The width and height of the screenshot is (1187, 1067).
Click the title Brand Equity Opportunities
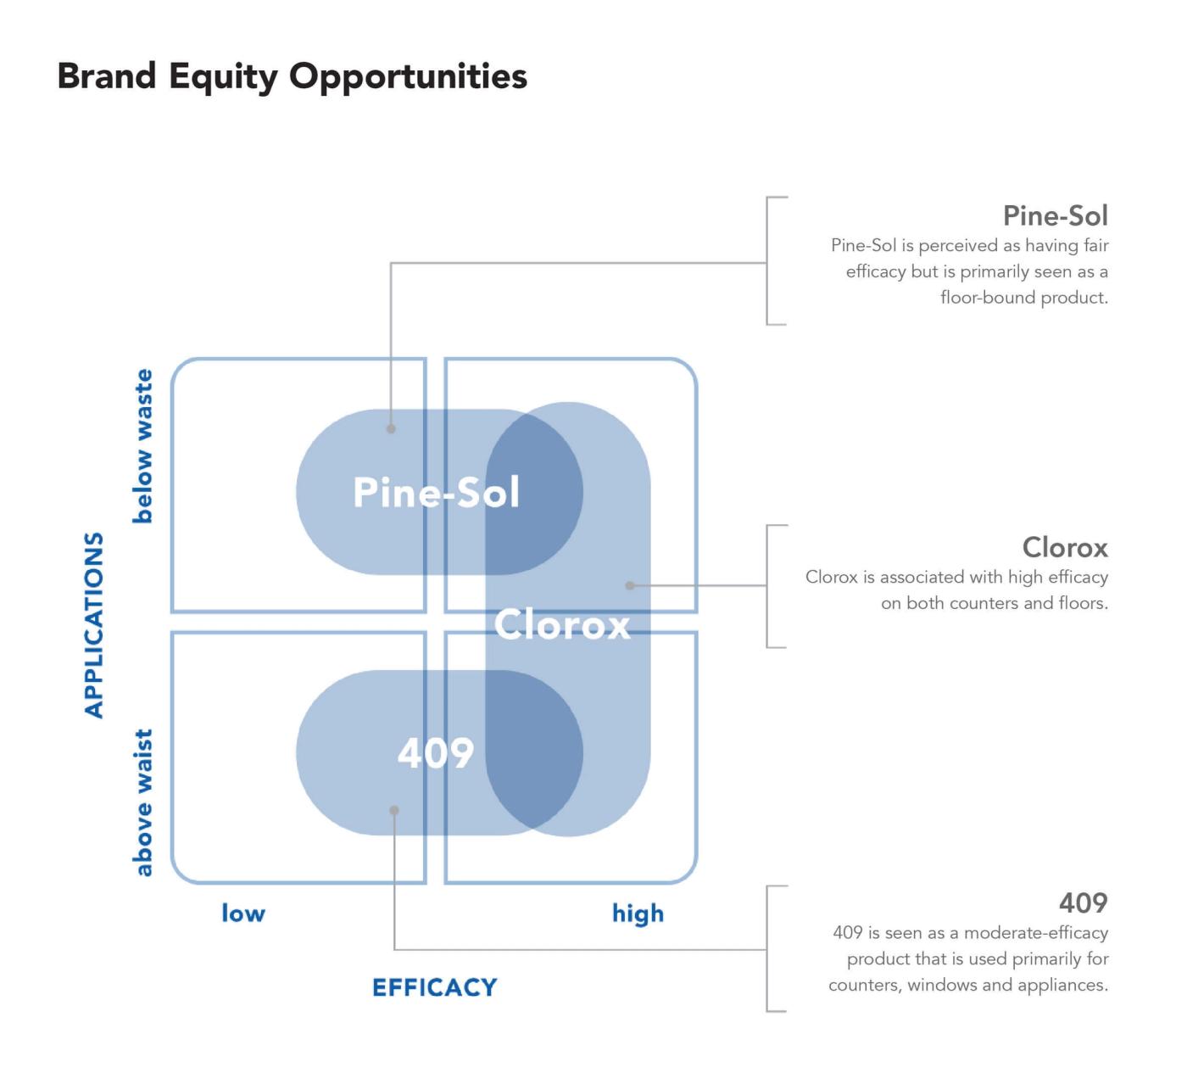point(292,76)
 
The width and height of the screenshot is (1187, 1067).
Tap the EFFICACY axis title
point(434,987)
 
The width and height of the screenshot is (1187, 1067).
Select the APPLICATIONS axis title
point(94,625)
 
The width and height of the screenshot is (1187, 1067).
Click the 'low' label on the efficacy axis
point(243,913)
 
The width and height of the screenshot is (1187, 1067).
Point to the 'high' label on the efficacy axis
point(638,913)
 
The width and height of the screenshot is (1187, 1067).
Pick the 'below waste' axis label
point(143,446)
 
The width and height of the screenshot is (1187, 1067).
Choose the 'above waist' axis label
point(143,802)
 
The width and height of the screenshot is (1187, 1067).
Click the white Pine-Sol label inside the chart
point(436,492)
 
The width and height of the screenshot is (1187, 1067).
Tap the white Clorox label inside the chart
point(562,625)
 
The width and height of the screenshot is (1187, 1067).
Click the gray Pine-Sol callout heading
point(1055,215)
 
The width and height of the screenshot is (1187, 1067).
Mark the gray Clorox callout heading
point(1064,547)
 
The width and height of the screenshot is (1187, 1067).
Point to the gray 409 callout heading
point(1083,902)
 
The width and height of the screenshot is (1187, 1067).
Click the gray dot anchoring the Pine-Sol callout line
point(391,429)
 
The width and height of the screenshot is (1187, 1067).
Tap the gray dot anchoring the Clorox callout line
point(629,585)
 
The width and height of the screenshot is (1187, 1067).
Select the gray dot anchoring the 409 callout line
point(394,810)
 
